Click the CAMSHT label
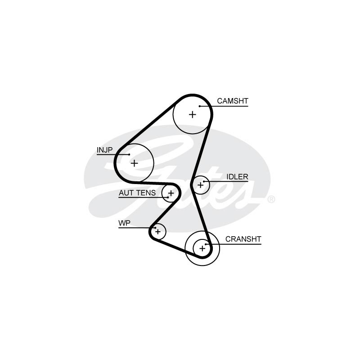point(232,101)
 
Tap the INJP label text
point(104,150)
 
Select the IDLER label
point(237,177)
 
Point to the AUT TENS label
point(137,193)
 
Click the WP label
point(124,223)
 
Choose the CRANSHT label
point(243,239)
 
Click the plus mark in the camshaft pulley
point(193,114)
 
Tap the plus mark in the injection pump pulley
point(134,163)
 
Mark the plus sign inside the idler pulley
point(200,184)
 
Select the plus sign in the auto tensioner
point(171,193)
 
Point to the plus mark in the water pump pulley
point(157,232)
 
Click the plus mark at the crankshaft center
point(202,248)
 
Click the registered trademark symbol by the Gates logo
point(271,199)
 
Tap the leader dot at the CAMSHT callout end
point(199,106)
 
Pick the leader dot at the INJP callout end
point(129,155)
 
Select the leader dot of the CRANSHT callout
point(206,244)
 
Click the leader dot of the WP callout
point(155,228)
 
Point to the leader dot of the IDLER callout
point(204,181)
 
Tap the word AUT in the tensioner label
point(126,193)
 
